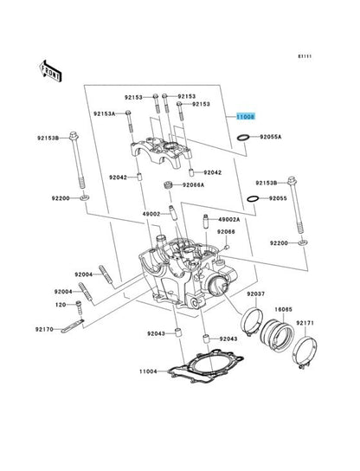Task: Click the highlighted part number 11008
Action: pyautogui.click(x=246, y=117)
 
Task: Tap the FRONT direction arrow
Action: pyautogui.click(x=50, y=71)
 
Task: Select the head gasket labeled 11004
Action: pyautogui.click(x=205, y=366)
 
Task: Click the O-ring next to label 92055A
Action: pyautogui.click(x=243, y=138)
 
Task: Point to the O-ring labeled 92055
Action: pyautogui.click(x=253, y=198)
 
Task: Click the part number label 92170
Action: pyautogui.click(x=44, y=329)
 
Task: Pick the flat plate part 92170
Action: pyautogui.click(x=73, y=326)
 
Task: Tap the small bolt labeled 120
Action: pyautogui.click(x=79, y=307)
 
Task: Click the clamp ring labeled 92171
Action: pyautogui.click(x=305, y=352)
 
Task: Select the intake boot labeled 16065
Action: pyautogui.click(x=277, y=334)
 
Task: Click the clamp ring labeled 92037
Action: pyautogui.click(x=252, y=321)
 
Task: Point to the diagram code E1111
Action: pyautogui.click(x=305, y=56)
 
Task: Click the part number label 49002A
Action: pyautogui.click(x=228, y=220)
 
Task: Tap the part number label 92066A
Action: pyautogui.click(x=193, y=185)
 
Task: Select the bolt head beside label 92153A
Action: pyautogui.click(x=128, y=113)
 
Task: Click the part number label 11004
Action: pyautogui.click(x=148, y=371)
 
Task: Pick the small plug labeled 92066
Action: pyautogui.click(x=227, y=247)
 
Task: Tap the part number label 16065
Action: pyautogui.click(x=284, y=309)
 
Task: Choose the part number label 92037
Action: pyautogui.click(x=256, y=294)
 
